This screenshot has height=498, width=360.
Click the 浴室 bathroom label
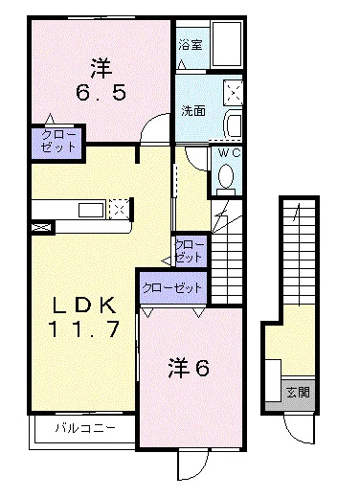191,44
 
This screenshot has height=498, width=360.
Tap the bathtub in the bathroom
227,44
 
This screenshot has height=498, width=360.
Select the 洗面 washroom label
193,110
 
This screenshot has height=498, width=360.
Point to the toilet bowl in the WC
226,175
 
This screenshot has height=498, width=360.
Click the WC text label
229,153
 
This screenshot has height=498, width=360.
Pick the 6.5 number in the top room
101,93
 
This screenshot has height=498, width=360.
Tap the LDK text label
84,306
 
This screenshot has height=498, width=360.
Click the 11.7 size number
83,328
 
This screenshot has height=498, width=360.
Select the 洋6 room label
189,368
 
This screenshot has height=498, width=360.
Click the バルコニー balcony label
85,427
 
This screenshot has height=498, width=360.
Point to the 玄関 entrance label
298,392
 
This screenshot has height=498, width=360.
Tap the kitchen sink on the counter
92,210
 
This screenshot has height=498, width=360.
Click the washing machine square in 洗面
234,93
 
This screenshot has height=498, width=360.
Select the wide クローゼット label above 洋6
172,288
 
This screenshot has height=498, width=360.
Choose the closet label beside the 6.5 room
58,141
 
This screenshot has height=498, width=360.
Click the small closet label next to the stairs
189,251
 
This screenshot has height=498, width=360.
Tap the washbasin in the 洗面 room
234,124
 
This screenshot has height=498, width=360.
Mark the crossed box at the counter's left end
42,228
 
